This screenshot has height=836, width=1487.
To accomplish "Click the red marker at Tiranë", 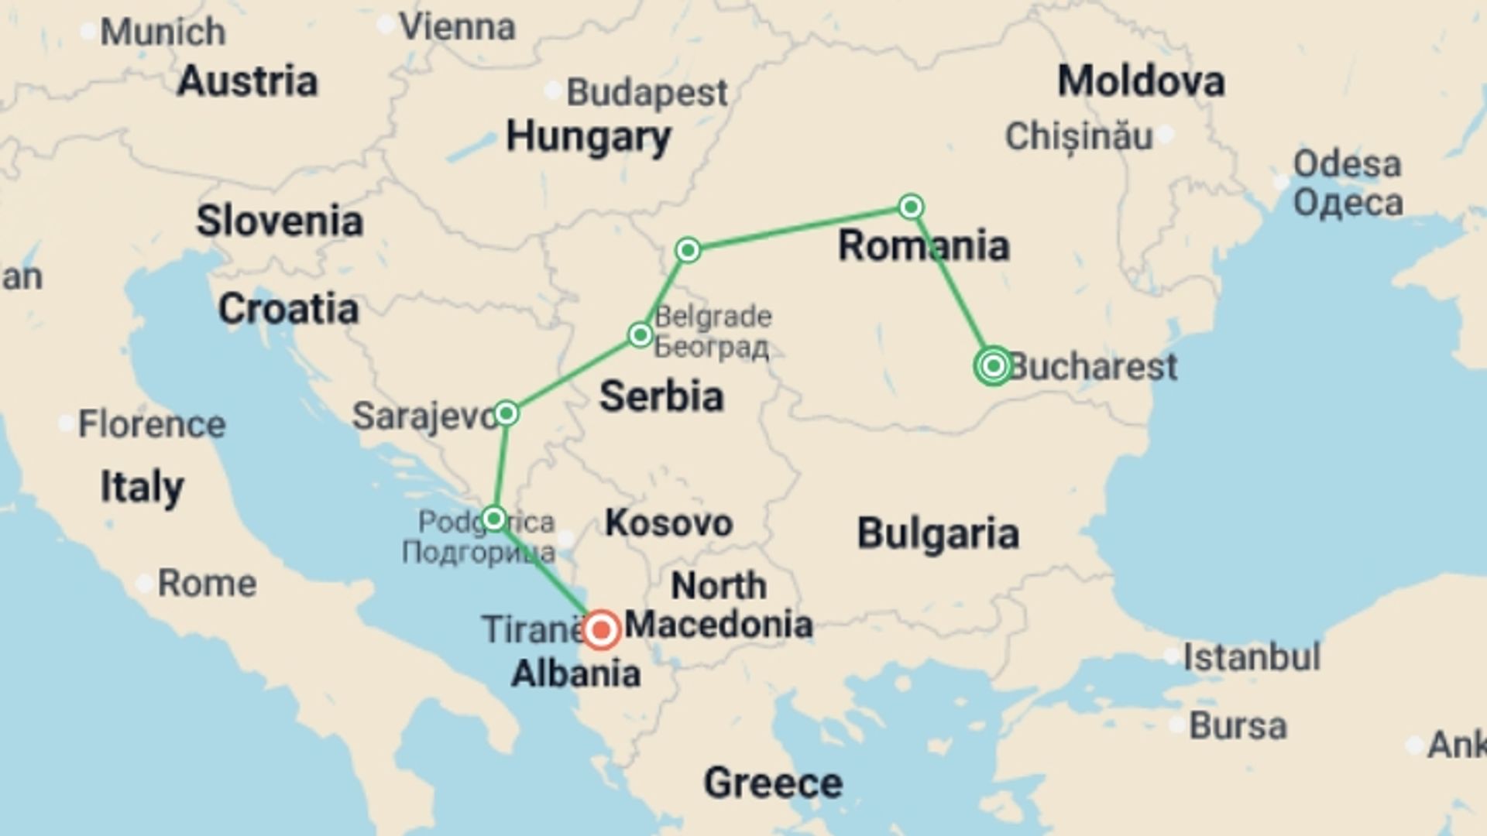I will click(601, 629).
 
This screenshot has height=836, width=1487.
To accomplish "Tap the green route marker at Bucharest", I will click(994, 365).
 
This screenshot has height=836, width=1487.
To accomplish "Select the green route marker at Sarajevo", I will click(506, 413).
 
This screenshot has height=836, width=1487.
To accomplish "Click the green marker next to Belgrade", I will click(640, 334).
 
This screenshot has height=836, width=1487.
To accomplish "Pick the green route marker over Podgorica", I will click(494, 518).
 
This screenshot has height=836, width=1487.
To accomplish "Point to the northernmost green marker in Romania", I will click(911, 207).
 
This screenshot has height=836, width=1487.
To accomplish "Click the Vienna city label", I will click(457, 28).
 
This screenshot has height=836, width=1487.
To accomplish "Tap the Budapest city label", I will click(647, 93).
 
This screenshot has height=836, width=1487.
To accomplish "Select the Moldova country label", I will click(1141, 81).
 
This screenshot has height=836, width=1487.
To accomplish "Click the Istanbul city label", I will click(1252, 657).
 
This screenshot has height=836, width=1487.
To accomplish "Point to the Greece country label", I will click(772, 783).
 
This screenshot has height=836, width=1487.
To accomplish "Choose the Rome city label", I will click(207, 583).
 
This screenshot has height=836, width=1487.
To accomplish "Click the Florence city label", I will click(152, 424).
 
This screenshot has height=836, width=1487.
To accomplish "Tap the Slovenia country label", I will click(280, 221).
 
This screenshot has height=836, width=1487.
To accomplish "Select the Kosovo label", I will click(668, 523).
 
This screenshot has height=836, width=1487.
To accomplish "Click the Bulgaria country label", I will click(937, 533).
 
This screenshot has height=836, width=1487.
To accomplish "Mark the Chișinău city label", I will click(1079, 137).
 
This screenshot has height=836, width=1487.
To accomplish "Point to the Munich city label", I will click(163, 33).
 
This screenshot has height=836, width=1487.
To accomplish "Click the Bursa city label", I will click(1238, 726).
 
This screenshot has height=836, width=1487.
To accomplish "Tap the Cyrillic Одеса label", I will click(1348, 203).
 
